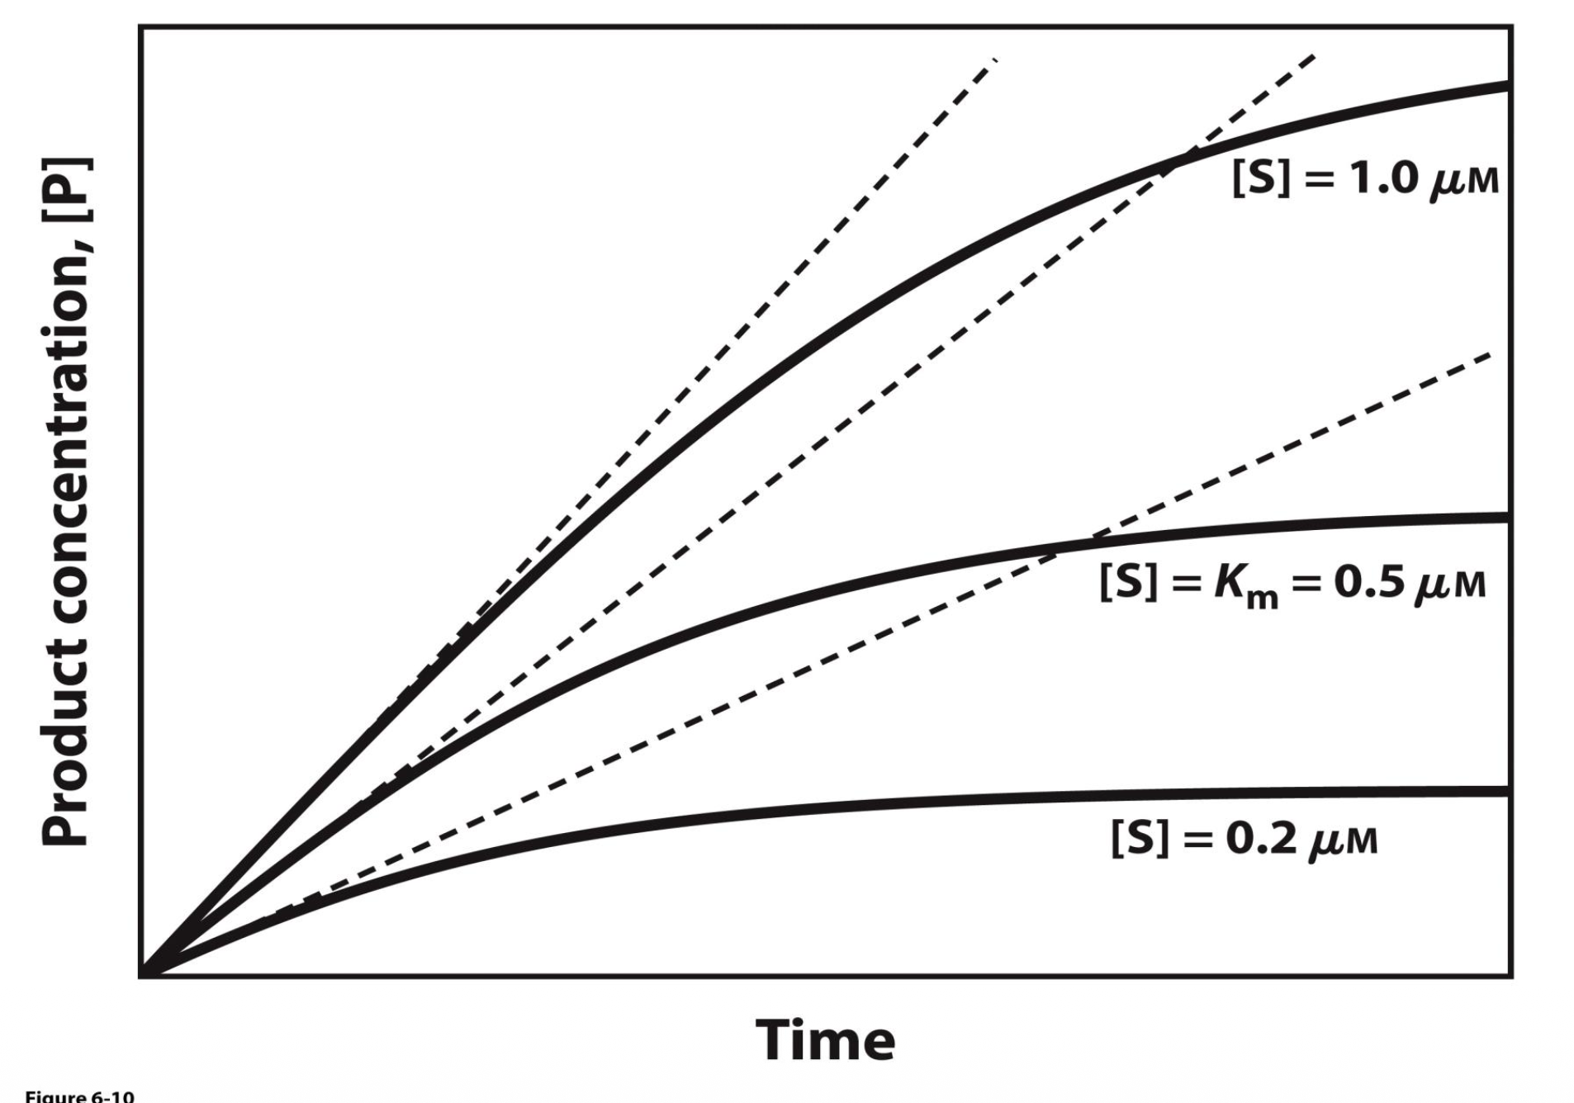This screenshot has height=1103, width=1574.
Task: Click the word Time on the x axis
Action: point(825,1040)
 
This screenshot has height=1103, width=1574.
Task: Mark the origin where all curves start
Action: point(143,975)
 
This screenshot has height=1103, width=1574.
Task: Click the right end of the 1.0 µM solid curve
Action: point(1507,85)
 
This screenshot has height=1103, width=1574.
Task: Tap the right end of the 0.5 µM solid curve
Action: point(1507,518)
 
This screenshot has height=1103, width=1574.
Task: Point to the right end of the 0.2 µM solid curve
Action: point(1507,791)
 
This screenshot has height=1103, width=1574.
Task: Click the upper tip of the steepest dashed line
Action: point(996,59)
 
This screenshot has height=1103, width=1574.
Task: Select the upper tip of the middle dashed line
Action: point(1313,56)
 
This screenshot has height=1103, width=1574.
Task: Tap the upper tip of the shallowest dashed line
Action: point(1489,355)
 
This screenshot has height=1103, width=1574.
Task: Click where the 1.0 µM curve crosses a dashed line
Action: point(1177,159)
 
